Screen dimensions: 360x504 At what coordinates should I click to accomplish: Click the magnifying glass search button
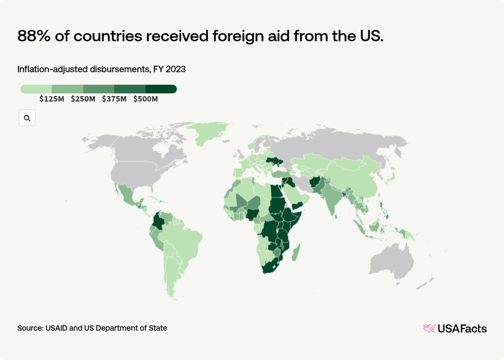(27, 118)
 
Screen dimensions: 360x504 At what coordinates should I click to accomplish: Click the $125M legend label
(52, 99)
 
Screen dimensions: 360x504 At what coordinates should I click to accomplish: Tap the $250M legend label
(83, 99)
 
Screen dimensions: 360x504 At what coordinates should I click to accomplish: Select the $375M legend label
(114, 99)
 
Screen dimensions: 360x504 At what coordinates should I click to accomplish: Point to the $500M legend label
(145, 99)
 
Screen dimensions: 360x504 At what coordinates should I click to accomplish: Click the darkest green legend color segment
(161, 89)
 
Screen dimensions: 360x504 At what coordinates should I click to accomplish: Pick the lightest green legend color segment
(36, 89)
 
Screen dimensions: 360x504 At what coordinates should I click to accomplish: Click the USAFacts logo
(455, 329)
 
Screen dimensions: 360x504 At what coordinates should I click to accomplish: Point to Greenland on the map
(211, 132)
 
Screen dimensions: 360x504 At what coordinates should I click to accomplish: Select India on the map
(328, 198)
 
